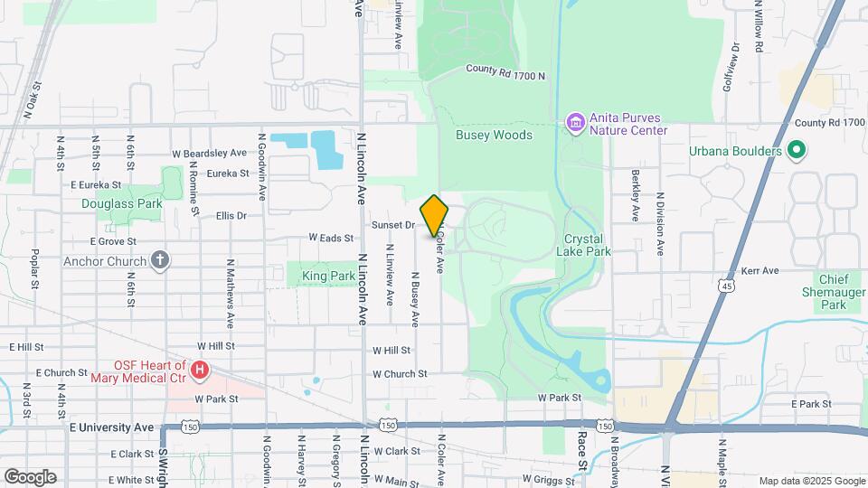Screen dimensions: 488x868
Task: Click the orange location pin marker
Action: (435, 216)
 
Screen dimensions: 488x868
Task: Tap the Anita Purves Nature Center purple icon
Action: (573, 122)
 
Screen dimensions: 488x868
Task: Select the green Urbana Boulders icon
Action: (796, 151)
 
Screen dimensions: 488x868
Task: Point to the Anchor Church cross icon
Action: (160, 262)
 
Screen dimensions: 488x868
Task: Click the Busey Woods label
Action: (494, 135)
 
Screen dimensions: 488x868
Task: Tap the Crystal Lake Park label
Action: (587, 245)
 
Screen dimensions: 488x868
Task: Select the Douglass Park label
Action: (122, 204)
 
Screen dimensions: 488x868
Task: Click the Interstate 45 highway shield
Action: (728, 286)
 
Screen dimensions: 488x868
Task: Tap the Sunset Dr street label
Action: (392, 224)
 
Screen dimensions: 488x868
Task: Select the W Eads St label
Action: (330, 238)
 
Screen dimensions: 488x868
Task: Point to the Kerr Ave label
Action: (759, 270)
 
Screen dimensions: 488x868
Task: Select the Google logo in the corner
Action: (29, 477)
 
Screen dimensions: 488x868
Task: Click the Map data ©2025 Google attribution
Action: (811, 481)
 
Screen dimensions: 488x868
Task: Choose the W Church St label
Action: (400, 374)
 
